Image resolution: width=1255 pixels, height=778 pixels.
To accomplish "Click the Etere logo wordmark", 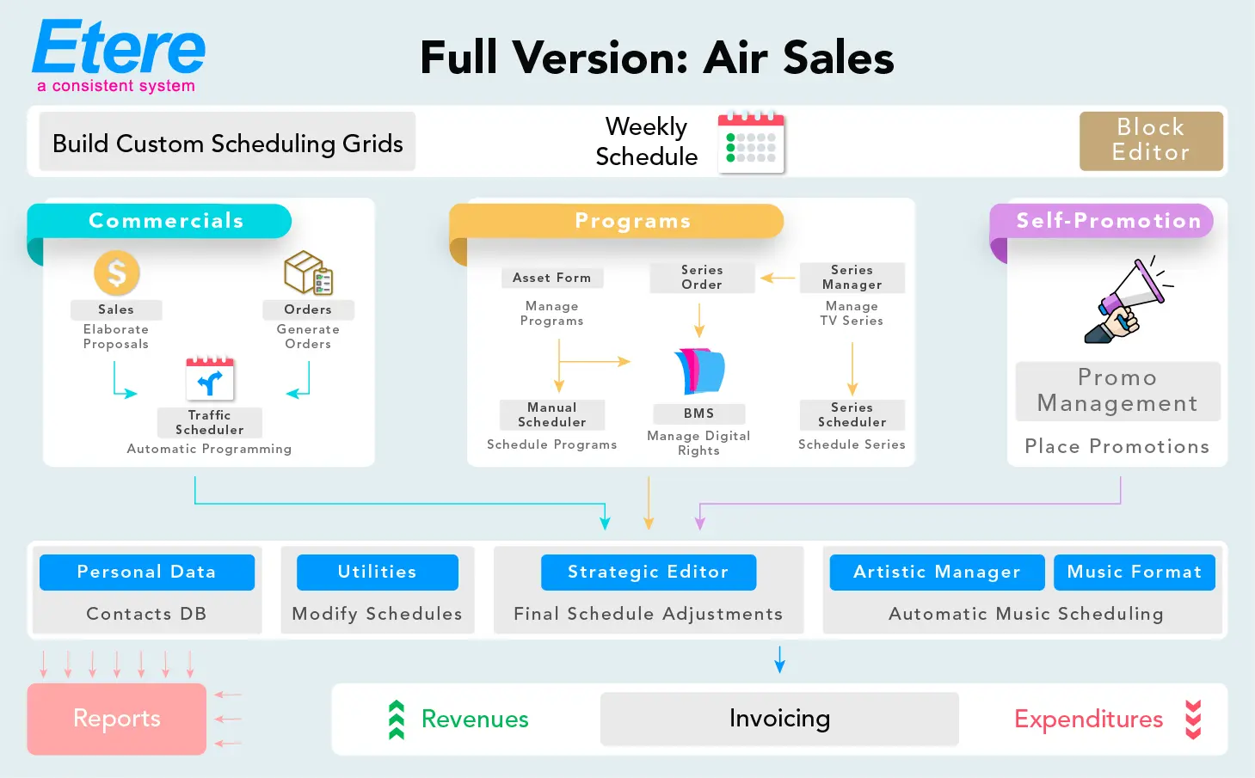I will [x=119, y=49].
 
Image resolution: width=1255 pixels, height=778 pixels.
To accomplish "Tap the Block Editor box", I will [x=1151, y=140].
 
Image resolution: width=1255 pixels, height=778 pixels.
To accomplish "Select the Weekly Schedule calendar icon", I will [x=751, y=143].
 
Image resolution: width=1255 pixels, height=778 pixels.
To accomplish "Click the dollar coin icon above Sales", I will [x=116, y=273].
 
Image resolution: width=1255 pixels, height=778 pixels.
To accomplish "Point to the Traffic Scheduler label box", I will [x=209, y=422].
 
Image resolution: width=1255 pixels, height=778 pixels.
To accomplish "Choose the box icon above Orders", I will [x=308, y=273].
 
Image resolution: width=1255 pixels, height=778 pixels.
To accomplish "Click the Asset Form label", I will [x=551, y=278].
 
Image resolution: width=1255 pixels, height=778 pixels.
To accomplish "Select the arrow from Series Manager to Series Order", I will [x=778, y=278].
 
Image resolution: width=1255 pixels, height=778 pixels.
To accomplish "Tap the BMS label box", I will [x=698, y=414].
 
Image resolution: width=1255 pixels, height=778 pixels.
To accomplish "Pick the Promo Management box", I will [x=1117, y=390].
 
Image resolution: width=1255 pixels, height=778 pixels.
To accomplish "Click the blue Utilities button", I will [x=377, y=573].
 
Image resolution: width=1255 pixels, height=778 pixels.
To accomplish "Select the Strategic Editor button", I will [x=648, y=573].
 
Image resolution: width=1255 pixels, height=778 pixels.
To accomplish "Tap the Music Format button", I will [x=1134, y=573].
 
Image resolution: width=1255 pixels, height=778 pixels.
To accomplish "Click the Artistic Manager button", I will [x=937, y=573].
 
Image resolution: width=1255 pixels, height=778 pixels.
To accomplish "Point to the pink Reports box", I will [x=116, y=719].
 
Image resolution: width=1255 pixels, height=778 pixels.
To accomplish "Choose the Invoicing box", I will [x=779, y=719].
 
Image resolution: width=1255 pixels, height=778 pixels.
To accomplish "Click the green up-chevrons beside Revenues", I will [x=397, y=720].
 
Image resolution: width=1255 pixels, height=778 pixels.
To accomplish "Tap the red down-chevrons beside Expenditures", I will [x=1193, y=720].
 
